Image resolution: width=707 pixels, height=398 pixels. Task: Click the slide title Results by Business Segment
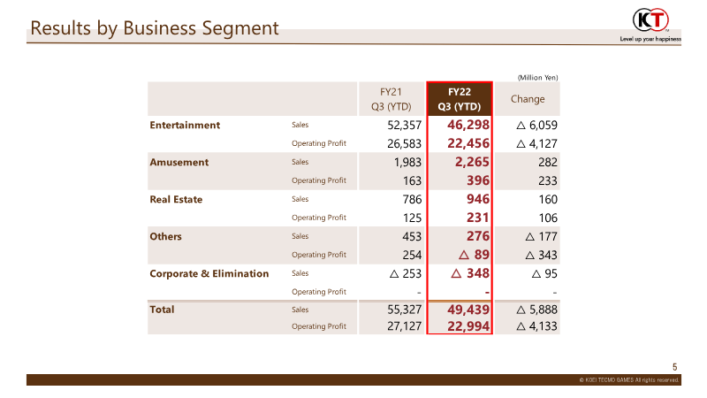pyautogui.click(x=155, y=28)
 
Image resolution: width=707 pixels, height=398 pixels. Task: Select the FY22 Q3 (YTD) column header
pyautogui.click(x=459, y=99)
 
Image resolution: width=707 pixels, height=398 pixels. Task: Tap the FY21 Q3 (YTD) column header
pyautogui.click(x=391, y=99)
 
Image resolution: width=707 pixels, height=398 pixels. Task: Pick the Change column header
pyautogui.click(x=528, y=99)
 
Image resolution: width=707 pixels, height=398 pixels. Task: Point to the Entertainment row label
pyautogui.click(x=185, y=125)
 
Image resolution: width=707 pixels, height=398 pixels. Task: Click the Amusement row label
pyautogui.click(x=179, y=162)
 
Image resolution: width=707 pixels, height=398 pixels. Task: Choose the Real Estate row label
pyautogui.click(x=176, y=199)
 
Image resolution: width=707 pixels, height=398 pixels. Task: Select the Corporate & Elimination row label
pyautogui.click(x=209, y=273)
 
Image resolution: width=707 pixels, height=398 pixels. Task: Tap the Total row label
pyautogui.click(x=163, y=310)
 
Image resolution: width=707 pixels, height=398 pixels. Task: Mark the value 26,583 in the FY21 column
pyautogui.click(x=404, y=143)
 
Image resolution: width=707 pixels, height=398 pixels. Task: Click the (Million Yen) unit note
pyautogui.click(x=537, y=78)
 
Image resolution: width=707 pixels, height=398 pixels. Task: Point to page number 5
pyautogui.click(x=675, y=367)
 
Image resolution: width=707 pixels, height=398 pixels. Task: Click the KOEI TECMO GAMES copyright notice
pyautogui.click(x=629, y=379)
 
